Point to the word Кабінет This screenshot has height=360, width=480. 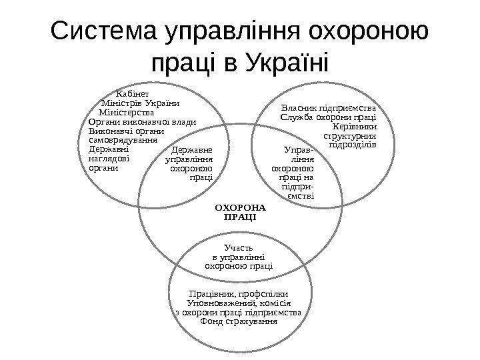pos(133,94)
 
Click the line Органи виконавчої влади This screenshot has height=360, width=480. pos(141,121)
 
